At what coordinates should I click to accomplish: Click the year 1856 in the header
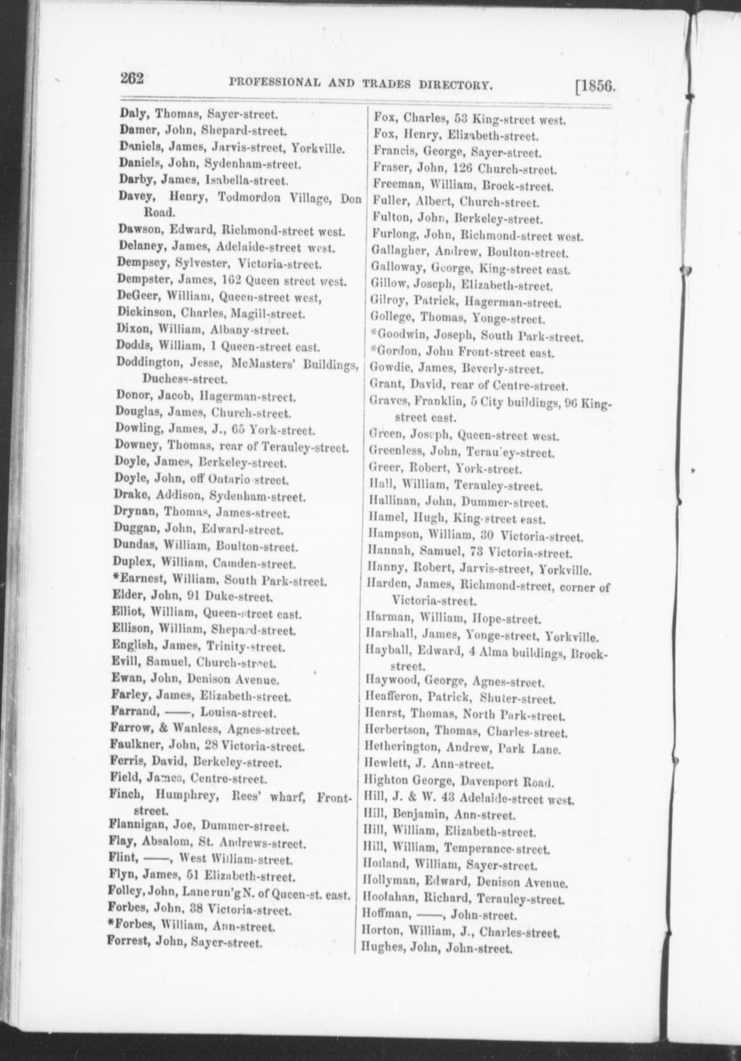pyautogui.click(x=597, y=87)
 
